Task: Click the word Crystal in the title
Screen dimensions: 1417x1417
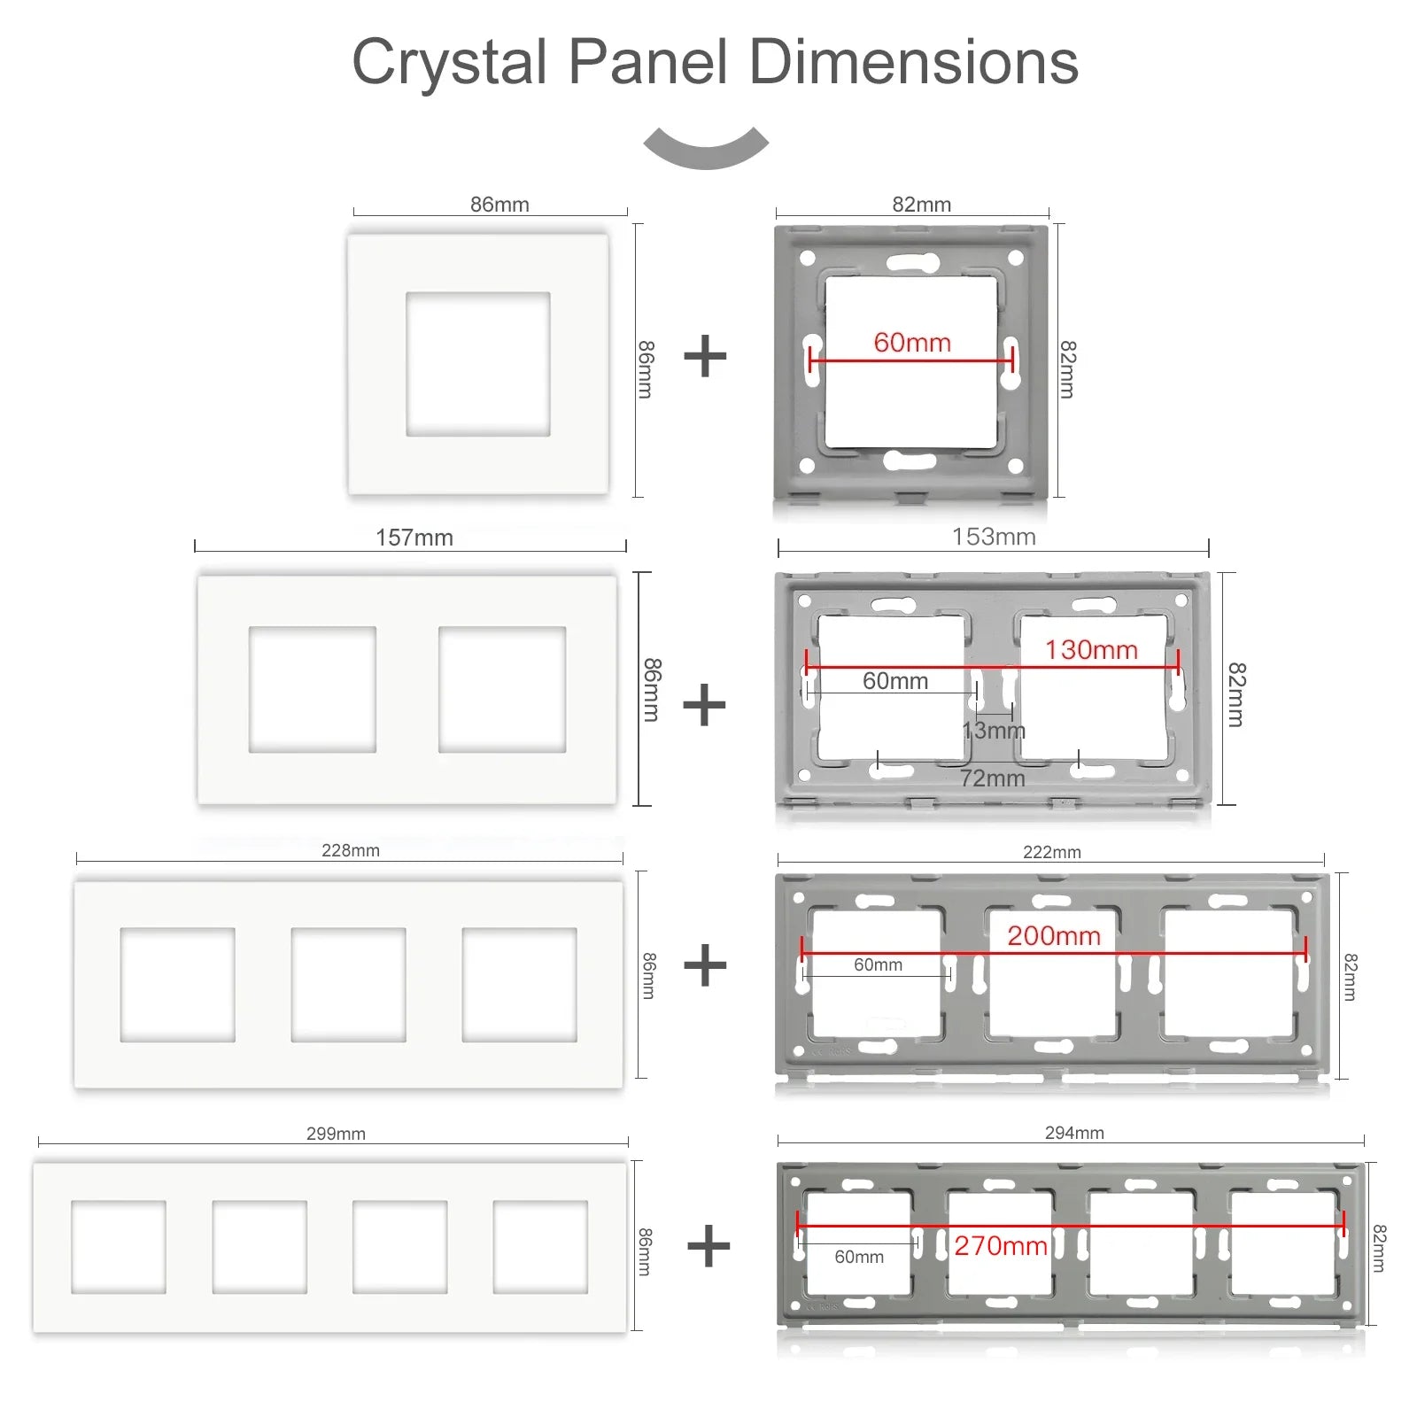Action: pos(449,63)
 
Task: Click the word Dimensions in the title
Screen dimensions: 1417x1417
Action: pos(913,63)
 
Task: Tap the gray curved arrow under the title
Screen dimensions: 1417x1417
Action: pos(706,148)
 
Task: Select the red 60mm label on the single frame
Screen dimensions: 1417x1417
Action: pos(912,343)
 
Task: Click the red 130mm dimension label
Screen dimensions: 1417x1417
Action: pos(1091,650)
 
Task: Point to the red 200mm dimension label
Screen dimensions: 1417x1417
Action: pos(1054,936)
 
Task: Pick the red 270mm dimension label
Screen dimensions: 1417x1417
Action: pos(1001,1246)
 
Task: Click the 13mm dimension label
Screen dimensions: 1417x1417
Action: pos(994,731)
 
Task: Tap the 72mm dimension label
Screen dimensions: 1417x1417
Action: pos(993,778)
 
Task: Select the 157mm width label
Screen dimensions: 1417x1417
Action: pos(414,538)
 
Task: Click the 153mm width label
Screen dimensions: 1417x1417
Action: pos(994,537)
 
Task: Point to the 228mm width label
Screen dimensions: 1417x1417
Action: pos(351,850)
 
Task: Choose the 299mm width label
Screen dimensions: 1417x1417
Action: pos(336,1134)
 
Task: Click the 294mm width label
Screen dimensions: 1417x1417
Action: pos(1074,1133)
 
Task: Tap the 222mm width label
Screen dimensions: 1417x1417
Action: pos(1052,852)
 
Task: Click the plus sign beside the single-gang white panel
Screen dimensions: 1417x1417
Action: pos(705,356)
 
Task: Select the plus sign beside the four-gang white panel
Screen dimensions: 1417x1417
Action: pos(708,1246)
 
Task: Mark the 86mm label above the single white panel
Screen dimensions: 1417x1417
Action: pos(499,205)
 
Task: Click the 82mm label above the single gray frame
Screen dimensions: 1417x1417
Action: pos(921,205)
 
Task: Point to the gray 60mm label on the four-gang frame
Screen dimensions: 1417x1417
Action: pos(859,1257)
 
